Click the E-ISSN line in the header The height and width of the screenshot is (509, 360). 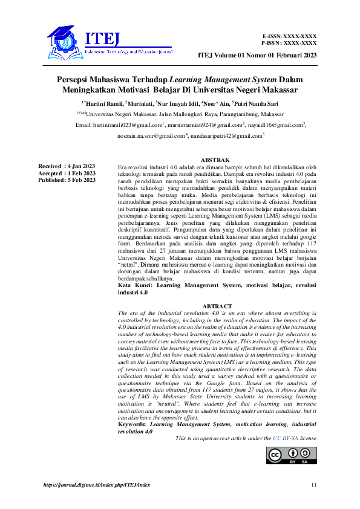[289, 37]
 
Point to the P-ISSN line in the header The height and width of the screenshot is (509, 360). [289, 44]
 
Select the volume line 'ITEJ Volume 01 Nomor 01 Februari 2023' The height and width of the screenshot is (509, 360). [257, 56]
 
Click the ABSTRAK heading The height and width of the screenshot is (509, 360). [217, 159]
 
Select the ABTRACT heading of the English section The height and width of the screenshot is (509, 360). [217, 307]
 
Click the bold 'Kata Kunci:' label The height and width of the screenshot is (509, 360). [133, 285]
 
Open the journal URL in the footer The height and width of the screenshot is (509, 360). [97, 485]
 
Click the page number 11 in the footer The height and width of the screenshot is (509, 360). [313, 485]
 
